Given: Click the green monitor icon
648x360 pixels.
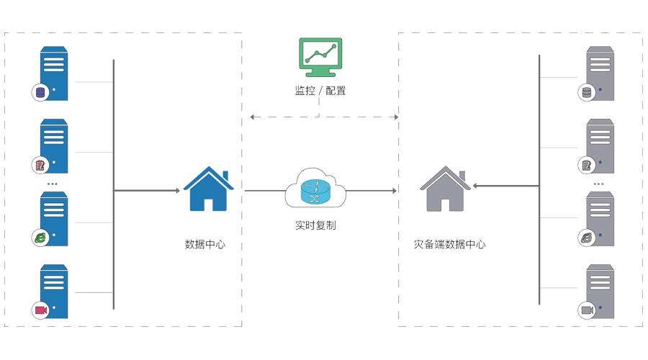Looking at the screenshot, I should click(x=320, y=56).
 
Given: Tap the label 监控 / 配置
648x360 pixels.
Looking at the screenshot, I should click(x=320, y=91).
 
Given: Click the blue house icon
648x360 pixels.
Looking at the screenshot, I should click(x=208, y=189).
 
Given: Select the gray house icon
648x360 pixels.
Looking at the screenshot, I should click(x=445, y=189).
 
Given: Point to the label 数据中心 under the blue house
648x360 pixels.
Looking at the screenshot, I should click(x=205, y=244).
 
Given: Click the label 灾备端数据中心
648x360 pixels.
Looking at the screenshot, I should click(x=449, y=244).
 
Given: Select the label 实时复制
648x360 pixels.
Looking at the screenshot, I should click(x=315, y=225).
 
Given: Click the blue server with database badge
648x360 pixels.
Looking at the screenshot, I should click(x=54, y=73).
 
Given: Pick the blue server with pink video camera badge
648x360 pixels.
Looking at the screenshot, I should click(x=54, y=292).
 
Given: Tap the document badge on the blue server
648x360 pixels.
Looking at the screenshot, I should click(x=40, y=165).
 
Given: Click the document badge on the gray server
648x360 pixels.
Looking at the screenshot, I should click(x=587, y=165).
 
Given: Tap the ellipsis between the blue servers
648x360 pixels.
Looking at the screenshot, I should click(x=53, y=184).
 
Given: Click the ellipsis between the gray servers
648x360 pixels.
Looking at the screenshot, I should click(x=599, y=184).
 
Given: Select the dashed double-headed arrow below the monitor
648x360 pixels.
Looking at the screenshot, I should click(x=324, y=116).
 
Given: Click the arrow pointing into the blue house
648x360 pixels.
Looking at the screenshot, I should click(x=148, y=191).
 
